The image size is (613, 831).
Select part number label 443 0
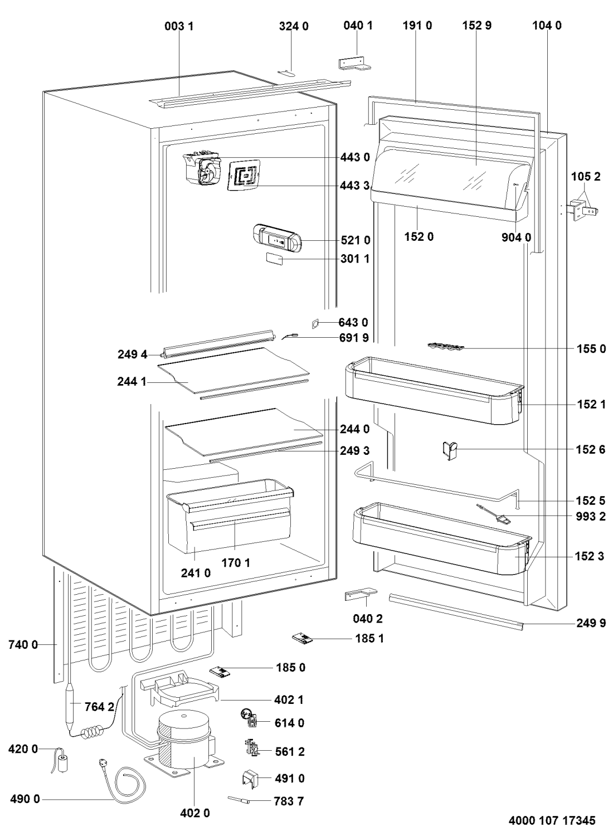click(x=355, y=158)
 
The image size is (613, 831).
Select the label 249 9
click(x=591, y=623)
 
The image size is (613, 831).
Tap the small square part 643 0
click(x=317, y=323)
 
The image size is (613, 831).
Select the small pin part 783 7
click(x=241, y=800)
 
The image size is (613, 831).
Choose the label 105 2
click(x=585, y=177)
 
